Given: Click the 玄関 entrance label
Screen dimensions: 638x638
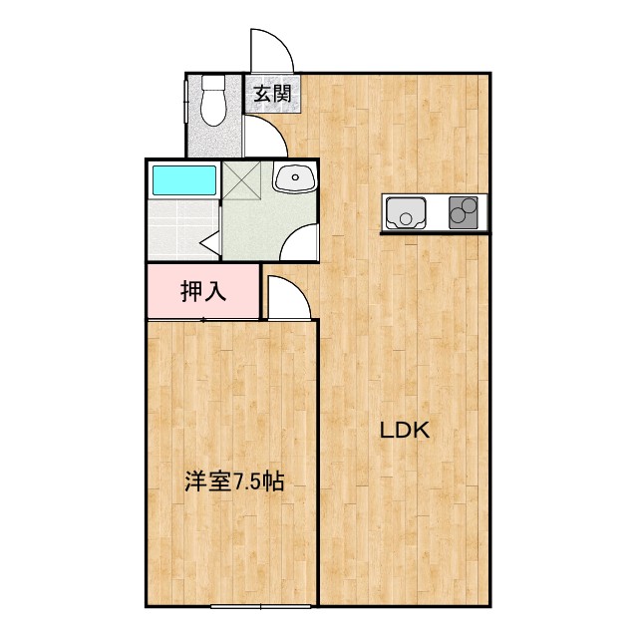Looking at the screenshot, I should [x=270, y=96].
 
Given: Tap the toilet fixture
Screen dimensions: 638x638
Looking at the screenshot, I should [x=212, y=103].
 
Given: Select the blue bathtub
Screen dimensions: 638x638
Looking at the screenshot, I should [x=183, y=180].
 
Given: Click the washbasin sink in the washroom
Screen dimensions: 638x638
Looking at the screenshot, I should [x=294, y=179].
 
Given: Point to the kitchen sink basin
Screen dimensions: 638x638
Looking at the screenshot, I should [x=407, y=213].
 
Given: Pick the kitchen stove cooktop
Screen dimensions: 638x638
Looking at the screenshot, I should [x=464, y=213].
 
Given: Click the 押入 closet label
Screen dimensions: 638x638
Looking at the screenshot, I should [x=203, y=291].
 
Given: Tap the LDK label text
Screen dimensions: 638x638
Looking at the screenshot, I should [x=403, y=432].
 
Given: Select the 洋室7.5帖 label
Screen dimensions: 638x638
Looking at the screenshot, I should [x=234, y=482].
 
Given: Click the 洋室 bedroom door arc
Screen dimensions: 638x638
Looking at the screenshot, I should [x=288, y=299].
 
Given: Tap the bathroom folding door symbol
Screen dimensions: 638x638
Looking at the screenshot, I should [x=210, y=240].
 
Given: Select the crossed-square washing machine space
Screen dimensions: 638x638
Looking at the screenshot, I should [x=241, y=180].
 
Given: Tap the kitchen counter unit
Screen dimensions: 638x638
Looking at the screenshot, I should [x=435, y=213].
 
